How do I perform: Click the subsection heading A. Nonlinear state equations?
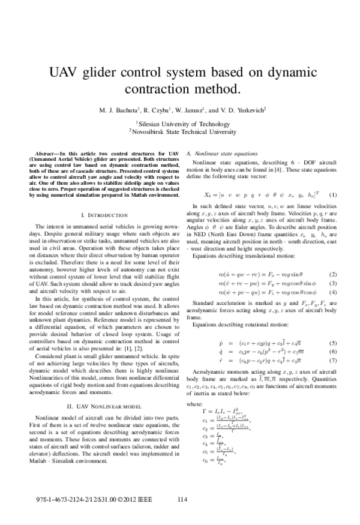pyautogui.click(x=223, y=154)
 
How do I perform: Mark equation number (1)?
pyautogui.click(x=333, y=195)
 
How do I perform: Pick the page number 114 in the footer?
pyautogui.click(x=185, y=499)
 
